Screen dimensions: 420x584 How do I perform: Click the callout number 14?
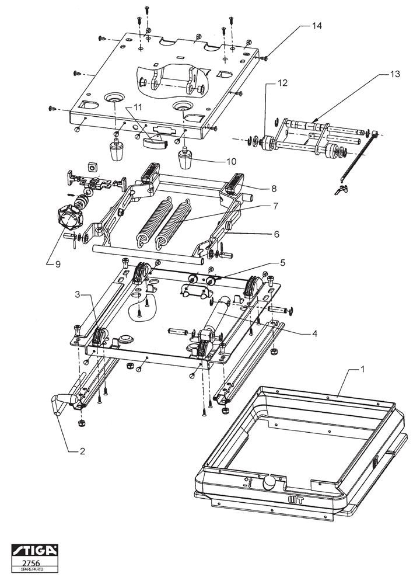click(317, 26)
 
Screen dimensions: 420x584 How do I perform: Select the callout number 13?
click(395, 74)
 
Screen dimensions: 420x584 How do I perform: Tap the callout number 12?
click(283, 83)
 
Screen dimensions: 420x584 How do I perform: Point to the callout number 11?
click(138, 107)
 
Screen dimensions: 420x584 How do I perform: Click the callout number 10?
click(232, 161)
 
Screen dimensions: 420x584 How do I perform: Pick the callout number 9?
click(57, 264)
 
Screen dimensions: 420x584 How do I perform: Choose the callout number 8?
click(274, 189)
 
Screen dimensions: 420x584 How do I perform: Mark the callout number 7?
click(276, 206)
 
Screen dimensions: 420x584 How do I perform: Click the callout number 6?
click(276, 234)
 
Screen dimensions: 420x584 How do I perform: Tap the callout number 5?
click(282, 263)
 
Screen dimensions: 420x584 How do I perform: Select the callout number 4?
click(314, 333)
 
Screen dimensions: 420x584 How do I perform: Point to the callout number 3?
click(78, 294)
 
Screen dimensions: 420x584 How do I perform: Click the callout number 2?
click(82, 451)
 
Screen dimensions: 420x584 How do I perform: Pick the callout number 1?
click(362, 369)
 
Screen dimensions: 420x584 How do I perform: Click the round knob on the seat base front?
click(269, 483)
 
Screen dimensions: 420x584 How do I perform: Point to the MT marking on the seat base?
click(296, 500)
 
